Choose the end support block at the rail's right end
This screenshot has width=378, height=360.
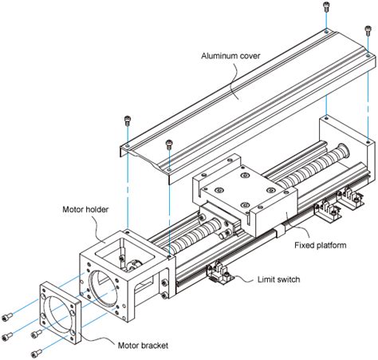345,156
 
